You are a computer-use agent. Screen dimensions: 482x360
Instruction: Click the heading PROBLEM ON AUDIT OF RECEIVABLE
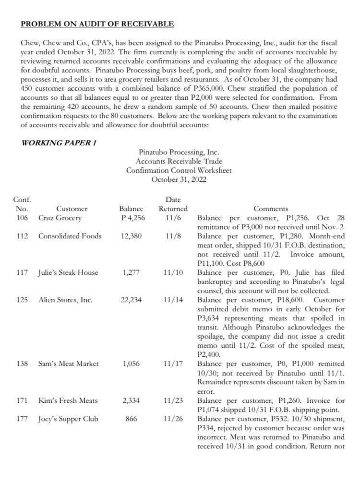coord(97,24)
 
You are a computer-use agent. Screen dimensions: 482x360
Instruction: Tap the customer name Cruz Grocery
coord(60,218)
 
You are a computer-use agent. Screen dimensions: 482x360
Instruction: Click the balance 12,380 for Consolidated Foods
coord(131,236)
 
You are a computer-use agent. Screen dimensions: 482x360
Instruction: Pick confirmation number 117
coord(21,272)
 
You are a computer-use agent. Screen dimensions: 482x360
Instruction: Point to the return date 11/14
coord(173,300)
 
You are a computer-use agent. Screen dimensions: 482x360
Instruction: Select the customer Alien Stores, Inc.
coord(65,300)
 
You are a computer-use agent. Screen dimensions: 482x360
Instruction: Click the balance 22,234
coord(131,300)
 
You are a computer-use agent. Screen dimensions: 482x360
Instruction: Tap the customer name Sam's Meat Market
coord(68,364)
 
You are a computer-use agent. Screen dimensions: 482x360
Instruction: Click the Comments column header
coord(271,209)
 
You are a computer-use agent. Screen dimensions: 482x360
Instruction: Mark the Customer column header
coord(72,209)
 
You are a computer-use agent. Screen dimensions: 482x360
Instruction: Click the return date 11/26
coord(173,419)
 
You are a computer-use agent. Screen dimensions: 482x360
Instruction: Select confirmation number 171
coord(21,400)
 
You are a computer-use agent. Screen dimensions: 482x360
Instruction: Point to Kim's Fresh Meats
coord(68,400)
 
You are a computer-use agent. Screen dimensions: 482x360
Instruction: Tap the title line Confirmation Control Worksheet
coord(179,170)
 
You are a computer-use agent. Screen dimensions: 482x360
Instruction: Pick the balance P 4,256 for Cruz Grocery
coord(132,218)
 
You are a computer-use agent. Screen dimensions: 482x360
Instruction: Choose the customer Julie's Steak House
coord(68,272)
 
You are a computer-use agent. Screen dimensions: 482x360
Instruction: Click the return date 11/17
coord(173,364)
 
